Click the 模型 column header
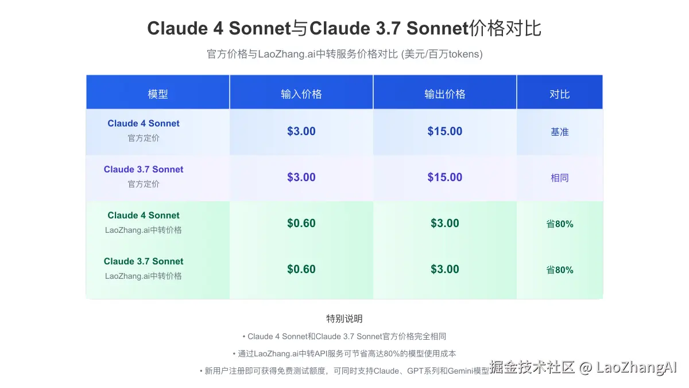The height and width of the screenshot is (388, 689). point(158,94)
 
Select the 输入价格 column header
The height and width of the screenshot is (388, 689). point(301,94)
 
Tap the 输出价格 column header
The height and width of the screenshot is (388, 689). point(445,94)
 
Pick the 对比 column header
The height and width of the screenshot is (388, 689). point(560,94)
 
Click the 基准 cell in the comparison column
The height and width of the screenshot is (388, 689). point(560,132)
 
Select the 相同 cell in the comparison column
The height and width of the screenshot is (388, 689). point(560,178)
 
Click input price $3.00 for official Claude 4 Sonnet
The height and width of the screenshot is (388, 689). point(301,131)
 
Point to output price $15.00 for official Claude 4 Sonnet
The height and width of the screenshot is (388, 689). point(445,131)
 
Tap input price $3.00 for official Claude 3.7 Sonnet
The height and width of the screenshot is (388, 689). point(301,177)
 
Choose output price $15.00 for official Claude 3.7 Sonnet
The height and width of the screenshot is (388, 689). point(445,177)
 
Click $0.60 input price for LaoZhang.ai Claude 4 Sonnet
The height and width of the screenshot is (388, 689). point(301,223)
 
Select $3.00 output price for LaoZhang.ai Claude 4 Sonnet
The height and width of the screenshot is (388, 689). point(445,223)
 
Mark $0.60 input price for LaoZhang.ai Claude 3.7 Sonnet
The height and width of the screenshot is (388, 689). point(301,269)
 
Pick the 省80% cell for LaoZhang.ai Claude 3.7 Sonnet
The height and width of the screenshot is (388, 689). point(560,270)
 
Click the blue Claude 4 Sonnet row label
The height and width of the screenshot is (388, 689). point(144,124)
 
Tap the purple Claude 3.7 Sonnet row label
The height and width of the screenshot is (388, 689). point(144,170)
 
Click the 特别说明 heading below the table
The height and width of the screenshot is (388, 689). point(344,318)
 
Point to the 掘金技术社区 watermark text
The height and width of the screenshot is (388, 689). point(532,367)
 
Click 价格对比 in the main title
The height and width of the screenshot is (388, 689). point(505,28)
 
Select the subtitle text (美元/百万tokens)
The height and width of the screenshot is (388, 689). point(443,54)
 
